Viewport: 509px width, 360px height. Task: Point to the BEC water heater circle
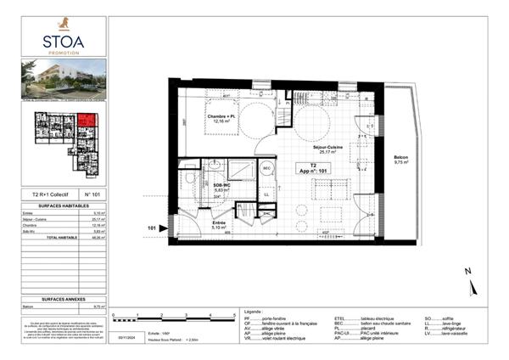click(x=266, y=168)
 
